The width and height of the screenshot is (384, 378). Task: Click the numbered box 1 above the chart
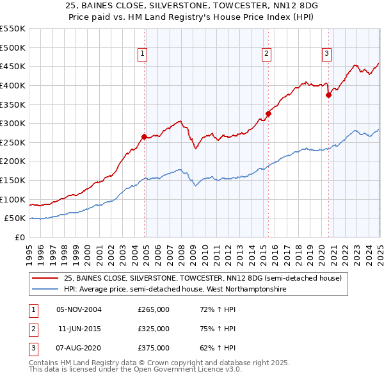pyautogui.click(x=141, y=54)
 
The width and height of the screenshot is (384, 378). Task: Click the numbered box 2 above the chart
pyautogui.click(x=266, y=54)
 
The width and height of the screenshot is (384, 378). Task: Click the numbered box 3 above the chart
pyautogui.click(x=326, y=54)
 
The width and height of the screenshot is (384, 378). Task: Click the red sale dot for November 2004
pyautogui.click(x=144, y=136)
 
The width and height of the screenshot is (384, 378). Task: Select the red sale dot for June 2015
pyautogui.click(x=269, y=113)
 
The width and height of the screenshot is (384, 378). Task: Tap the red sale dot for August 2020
pyautogui.click(x=328, y=95)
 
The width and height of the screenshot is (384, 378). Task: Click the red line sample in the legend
pyautogui.click(x=45, y=279)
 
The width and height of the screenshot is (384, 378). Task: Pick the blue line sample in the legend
pyautogui.click(x=45, y=290)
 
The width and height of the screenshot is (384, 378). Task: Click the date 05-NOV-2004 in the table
pyautogui.click(x=79, y=309)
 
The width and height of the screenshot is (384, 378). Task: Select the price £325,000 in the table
pyautogui.click(x=154, y=329)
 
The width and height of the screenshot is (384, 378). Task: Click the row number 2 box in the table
pyautogui.click(x=31, y=329)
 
